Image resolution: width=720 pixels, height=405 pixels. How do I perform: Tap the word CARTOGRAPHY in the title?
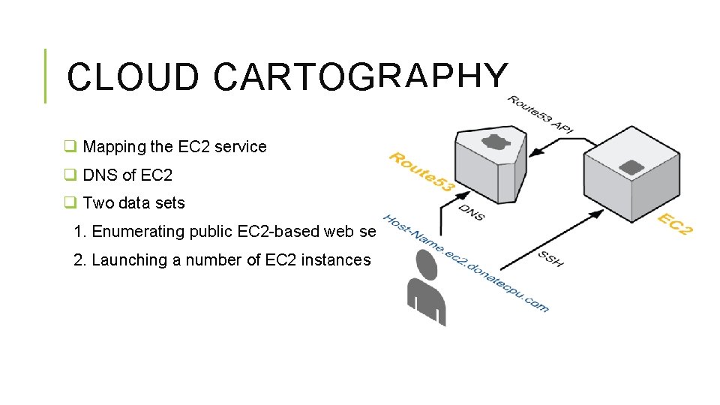(x=360, y=77)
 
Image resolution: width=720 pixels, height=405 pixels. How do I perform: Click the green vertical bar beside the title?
(x=45, y=75)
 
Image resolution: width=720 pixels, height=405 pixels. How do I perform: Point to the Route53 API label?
(x=542, y=114)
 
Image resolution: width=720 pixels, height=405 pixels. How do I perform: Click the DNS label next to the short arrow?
(x=471, y=212)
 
